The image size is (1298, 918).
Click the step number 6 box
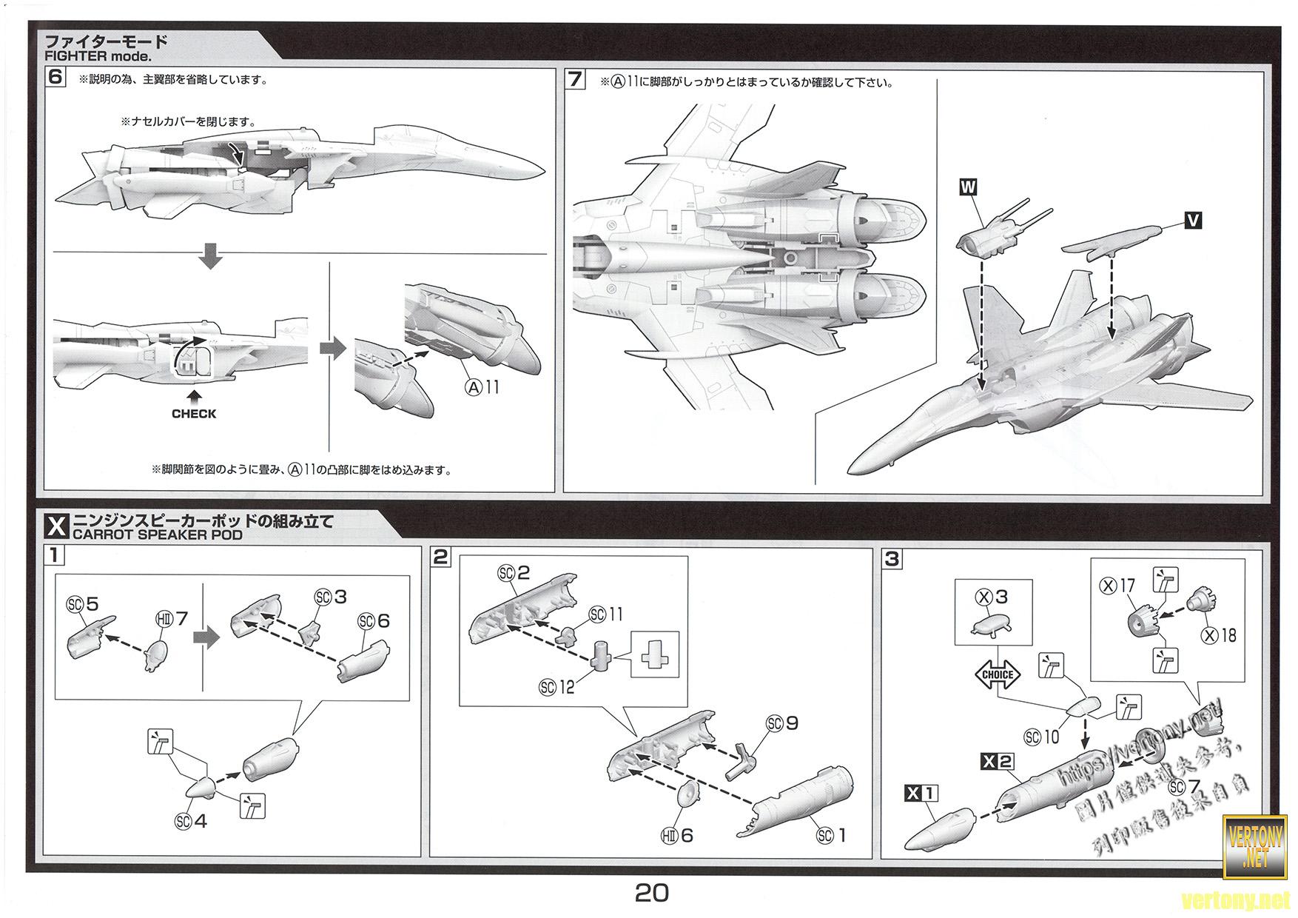pyautogui.click(x=56, y=78)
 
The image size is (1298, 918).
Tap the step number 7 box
pyautogui.click(x=576, y=79)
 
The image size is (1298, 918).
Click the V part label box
pyautogui.click(x=1193, y=220)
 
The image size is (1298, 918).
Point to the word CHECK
pyautogui.click(x=194, y=414)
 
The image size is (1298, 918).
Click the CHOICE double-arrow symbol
pyautogui.click(x=998, y=674)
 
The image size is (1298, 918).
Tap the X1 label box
pyautogui.click(x=921, y=794)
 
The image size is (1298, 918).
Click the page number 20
pyautogui.click(x=651, y=893)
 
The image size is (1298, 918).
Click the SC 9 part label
pyautogui.click(x=784, y=723)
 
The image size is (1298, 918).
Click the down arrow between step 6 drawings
pyautogui.click(x=211, y=257)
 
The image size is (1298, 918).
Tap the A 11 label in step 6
pyautogui.click(x=482, y=386)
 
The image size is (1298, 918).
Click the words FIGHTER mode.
pyautogui.click(x=98, y=56)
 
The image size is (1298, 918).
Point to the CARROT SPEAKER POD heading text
pyautogui.click(x=156, y=535)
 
